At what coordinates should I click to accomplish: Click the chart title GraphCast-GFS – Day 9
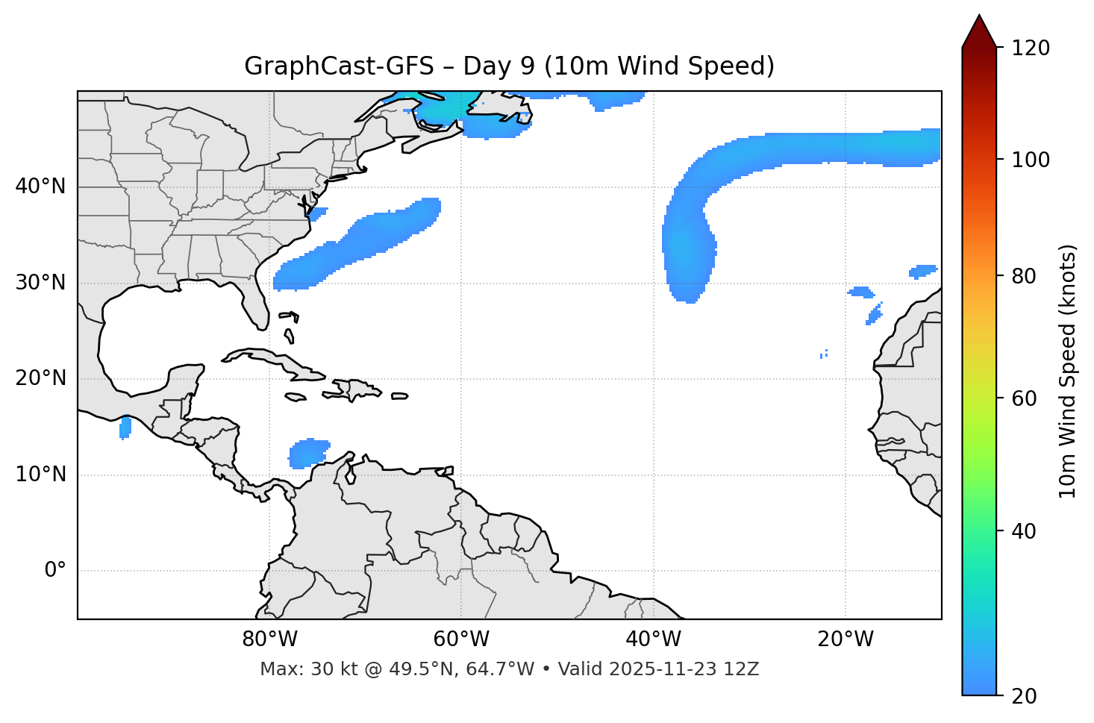click(x=509, y=66)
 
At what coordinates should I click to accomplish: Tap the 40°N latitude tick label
click(x=40, y=187)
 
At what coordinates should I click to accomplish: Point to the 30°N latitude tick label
click(x=40, y=283)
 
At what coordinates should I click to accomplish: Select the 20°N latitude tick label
click(x=40, y=379)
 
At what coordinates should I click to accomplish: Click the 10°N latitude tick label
click(x=40, y=475)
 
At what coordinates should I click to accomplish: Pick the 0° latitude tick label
click(x=55, y=571)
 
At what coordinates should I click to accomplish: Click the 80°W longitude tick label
click(x=269, y=639)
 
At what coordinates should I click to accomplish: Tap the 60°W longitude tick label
click(x=461, y=639)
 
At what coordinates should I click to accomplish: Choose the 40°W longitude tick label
click(x=653, y=639)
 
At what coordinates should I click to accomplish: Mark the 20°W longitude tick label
click(x=845, y=639)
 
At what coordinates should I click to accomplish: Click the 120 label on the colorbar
click(x=1031, y=48)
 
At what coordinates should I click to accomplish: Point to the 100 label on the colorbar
click(x=1031, y=160)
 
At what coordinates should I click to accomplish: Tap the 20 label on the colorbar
click(x=1025, y=696)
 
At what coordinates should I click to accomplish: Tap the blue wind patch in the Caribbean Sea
click(x=308, y=453)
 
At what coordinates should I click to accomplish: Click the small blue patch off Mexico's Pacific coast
click(x=125, y=428)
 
